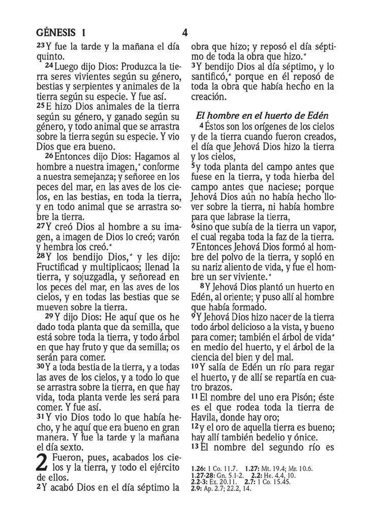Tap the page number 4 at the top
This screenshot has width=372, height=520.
tap(185, 34)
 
